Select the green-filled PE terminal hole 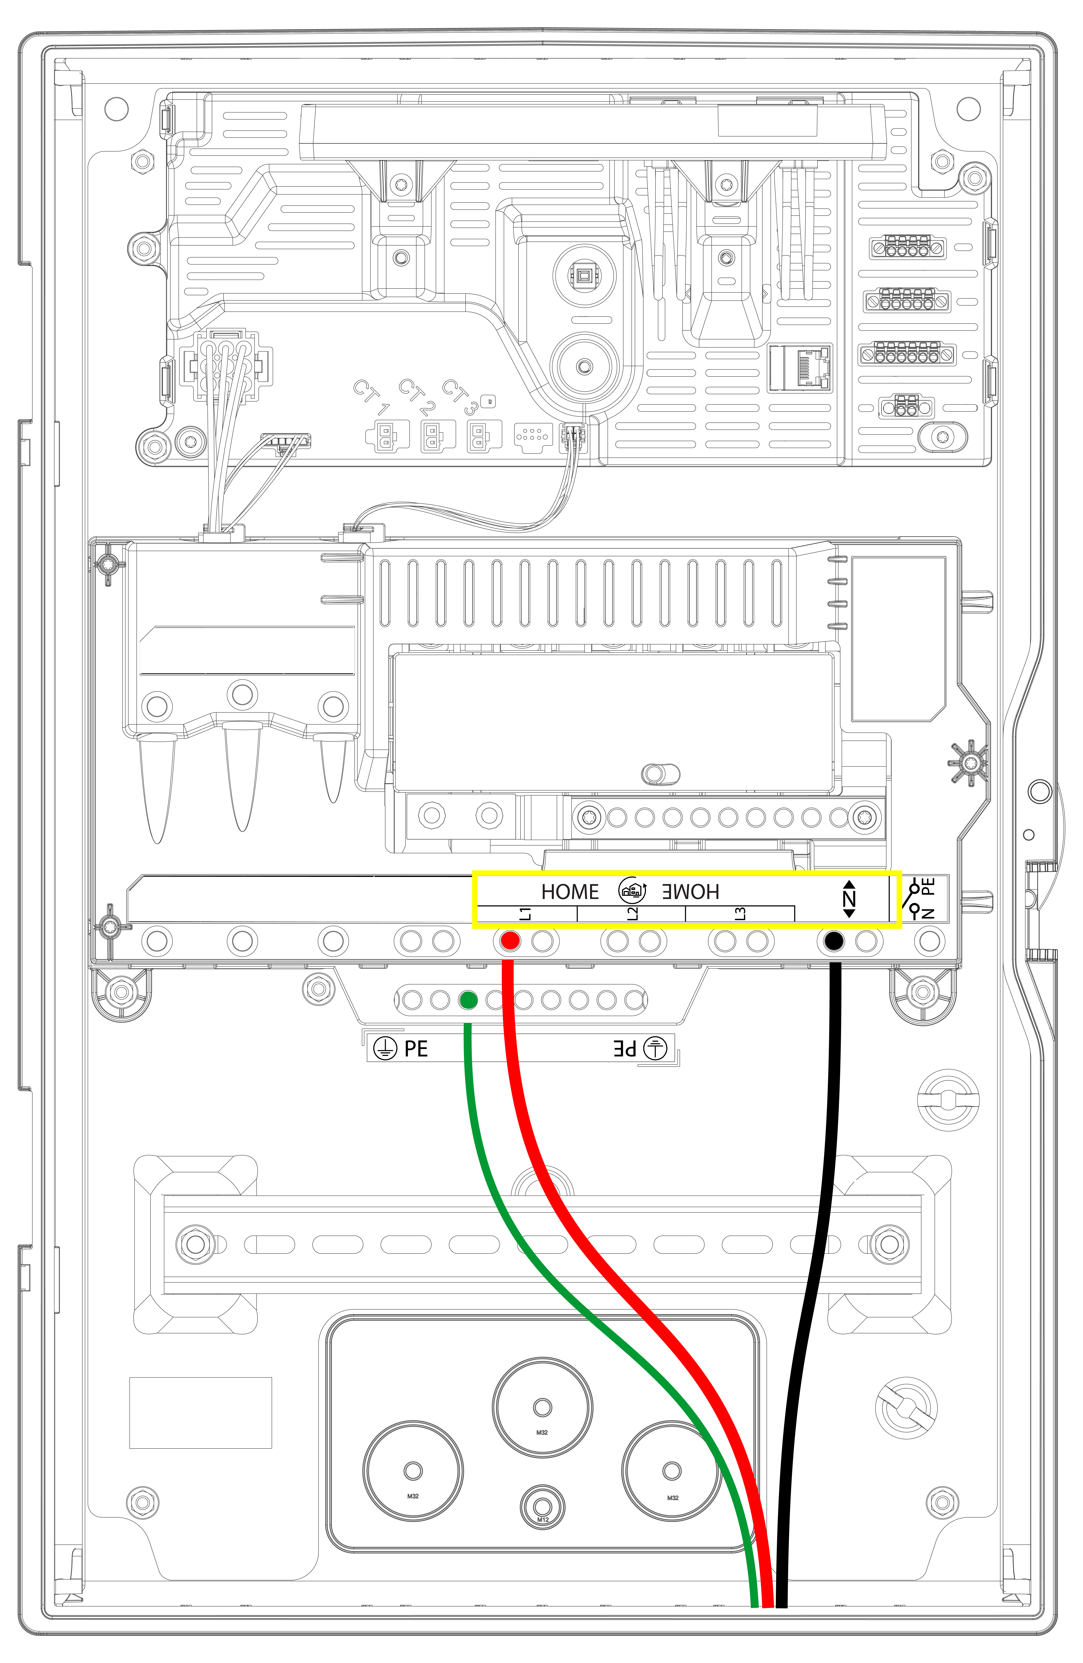pyautogui.click(x=468, y=1001)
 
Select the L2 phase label pyautogui.click(x=632, y=913)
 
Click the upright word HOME pyautogui.click(x=570, y=892)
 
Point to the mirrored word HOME pyautogui.click(x=690, y=892)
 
